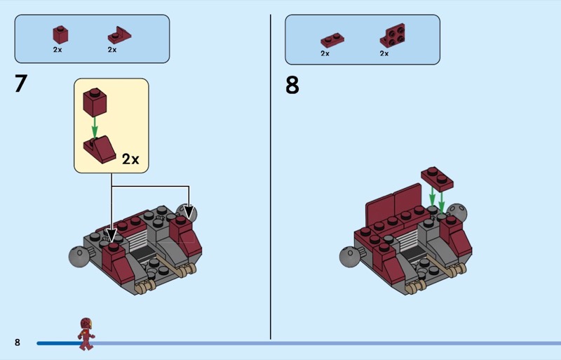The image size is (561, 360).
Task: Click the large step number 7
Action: tap(21, 84)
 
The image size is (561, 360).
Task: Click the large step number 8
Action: tap(292, 85)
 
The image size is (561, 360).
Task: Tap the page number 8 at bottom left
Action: tap(18, 342)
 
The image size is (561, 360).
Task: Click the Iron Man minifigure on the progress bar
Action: tap(86, 333)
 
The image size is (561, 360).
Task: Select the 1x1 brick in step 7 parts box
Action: tap(60, 35)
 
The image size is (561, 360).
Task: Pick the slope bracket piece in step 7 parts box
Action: tap(119, 35)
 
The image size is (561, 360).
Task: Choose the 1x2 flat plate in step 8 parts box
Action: tap(332, 40)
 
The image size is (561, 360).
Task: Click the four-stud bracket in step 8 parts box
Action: tap(393, 36)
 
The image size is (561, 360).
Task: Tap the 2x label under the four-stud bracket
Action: tap(384, 53)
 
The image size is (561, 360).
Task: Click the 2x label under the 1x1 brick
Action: tap(58, 50)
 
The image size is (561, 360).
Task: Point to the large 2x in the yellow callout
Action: tap(130, 159)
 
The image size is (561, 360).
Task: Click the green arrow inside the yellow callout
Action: tap(95, 128)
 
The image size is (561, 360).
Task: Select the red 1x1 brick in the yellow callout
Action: tap(95, 102)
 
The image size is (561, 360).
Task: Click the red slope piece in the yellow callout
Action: tap(100, 149)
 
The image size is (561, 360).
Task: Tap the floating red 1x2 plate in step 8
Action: tap(437, 179)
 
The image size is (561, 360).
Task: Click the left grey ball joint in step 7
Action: tap(79, 256)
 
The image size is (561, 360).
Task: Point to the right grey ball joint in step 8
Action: tap(457, 213)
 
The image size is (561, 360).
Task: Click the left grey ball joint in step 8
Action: tap(349, 256)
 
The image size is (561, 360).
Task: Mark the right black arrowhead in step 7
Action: tap(189, 213)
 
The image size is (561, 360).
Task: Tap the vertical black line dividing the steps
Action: tap(271, 177)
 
